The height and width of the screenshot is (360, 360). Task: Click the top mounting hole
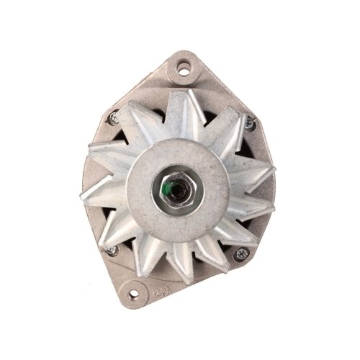coord(184,70)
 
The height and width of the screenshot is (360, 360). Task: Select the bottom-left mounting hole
coord(133,294)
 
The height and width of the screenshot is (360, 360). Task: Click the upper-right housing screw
coord(249,125)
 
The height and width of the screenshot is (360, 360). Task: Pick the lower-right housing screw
coord(242,253)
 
